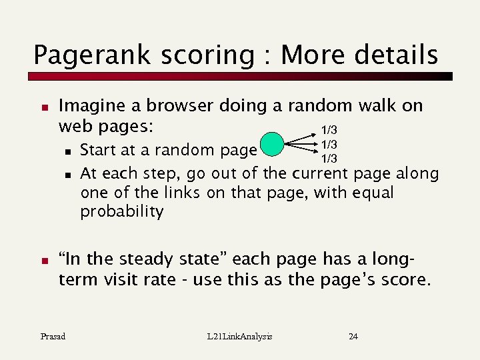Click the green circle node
[x=272, y=144]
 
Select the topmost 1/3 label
[x=329, y=130]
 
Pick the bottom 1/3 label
[x=329, y=159]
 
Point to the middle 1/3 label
[x=329, y=145]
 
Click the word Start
[x=100, y=151]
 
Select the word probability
[x=122, y=212]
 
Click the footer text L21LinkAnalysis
[x=240, y=336]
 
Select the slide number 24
[x=353, y=336]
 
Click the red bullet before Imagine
[x=44, y=107]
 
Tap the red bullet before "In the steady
[x=44, y=261]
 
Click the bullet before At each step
[x=68, y=175]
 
